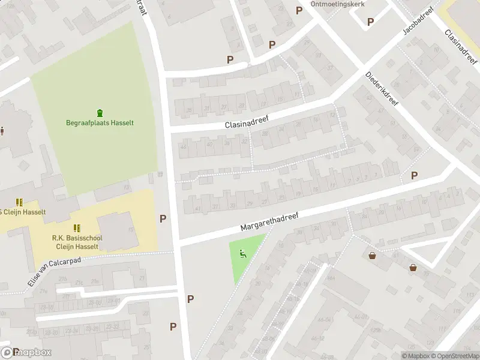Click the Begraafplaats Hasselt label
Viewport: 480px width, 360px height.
(100, 123)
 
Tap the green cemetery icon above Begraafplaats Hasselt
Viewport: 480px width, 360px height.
(100, 112)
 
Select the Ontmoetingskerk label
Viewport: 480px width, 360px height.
(337, 4)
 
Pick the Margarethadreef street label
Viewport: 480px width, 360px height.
(269, 220)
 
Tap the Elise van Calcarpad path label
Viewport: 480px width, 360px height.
(55, 268)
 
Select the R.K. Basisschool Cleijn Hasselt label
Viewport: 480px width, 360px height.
(77, 242)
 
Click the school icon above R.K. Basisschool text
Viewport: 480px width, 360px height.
(77, 228)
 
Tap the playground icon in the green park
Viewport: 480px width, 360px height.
(243, 254)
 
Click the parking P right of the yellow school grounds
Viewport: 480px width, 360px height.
(163, 218)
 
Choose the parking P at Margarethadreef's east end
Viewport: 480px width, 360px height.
(414, 175)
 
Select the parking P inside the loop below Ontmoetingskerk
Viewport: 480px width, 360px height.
(370, 22)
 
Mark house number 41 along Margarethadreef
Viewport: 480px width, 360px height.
(198, 208)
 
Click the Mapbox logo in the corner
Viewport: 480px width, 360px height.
(26, 352)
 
